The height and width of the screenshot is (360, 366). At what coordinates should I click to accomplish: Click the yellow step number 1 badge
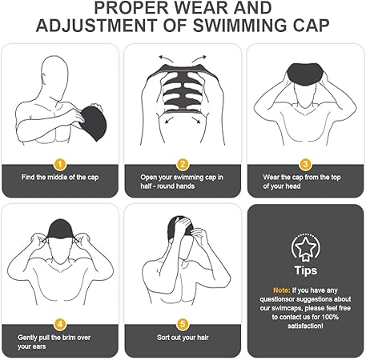(x=60, y=164)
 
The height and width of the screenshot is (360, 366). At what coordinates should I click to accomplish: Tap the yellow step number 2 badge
(x=183, y=164)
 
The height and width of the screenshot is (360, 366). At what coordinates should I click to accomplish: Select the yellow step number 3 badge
(x=305, y=164)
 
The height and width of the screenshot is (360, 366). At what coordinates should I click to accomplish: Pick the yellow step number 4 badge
(x=60, y=324)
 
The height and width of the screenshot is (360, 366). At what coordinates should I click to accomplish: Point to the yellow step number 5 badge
(x=183, y=324)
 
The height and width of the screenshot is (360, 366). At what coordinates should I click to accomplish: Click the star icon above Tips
(x=305, y=247)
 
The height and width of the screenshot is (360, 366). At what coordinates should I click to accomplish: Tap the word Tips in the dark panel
(x=306, y=270)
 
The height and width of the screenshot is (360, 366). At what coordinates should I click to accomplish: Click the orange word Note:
(x=281, y=290)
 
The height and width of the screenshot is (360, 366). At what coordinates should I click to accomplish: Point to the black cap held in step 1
(x=93, y=123)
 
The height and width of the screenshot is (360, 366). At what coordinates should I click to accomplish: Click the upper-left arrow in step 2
(x=166, y=59)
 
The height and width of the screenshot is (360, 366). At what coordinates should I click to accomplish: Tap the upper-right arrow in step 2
(x=199, y=59)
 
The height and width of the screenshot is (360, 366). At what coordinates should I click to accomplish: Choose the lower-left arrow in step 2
(x=169, y=119)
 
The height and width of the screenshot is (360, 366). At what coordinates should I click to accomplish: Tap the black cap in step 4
(x=60, y=229)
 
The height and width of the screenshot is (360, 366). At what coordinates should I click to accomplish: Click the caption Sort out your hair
(x=183, y=338)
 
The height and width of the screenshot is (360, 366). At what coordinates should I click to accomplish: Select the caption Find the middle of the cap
(x=60, y=178)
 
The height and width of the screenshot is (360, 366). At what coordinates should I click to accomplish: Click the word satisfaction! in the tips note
(x=305, y=326)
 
